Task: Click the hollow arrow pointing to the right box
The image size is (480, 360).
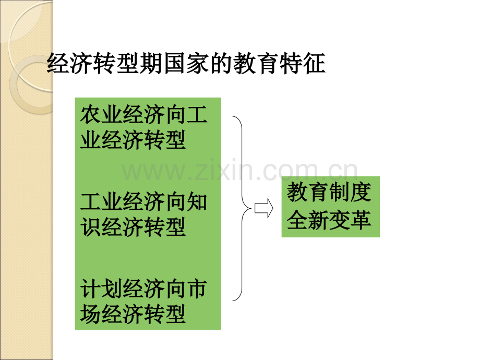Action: [264, 208]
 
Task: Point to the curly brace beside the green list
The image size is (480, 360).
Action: [242, 208]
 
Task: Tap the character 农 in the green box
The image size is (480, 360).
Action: [91, 115]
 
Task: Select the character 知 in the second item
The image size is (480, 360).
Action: [197, 202]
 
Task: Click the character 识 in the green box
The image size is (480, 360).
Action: [91, 227]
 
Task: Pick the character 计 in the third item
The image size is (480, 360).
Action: [91, 289]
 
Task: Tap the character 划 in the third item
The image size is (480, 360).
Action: [112, 289]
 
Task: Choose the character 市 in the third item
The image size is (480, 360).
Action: [197, 289]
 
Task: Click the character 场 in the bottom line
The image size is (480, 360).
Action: [91, 314]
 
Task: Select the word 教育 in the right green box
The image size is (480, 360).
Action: [308, 192]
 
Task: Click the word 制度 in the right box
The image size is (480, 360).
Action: [350, 192]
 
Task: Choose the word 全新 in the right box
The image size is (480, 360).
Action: [308, 220]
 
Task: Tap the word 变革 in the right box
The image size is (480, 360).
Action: [350, 220]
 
